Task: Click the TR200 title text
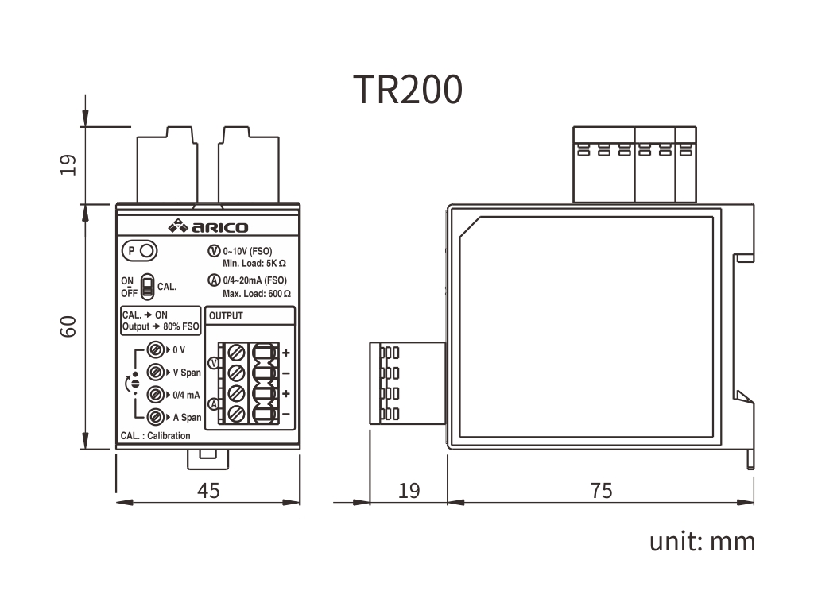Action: [x=407, y=90]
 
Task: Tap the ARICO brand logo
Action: [x=208, y=227]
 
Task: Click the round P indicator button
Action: [x=147, y=252]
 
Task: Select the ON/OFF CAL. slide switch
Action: [x=148, y=287]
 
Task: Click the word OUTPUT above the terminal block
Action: [x=227, y=316]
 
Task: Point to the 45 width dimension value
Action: [x=208, y=491]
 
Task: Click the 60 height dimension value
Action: [x=69, y=326]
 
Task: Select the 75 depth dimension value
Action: [x=602, y=491]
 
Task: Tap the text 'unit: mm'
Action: [x=702, y=542]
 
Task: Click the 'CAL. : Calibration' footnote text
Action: [x=156, y=436]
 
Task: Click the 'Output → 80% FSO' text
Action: [x=161, y=326]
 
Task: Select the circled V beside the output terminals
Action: [x=212, y=363]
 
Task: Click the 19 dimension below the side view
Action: [x=409, y=491]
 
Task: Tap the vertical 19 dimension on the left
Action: [x=69, y=164]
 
